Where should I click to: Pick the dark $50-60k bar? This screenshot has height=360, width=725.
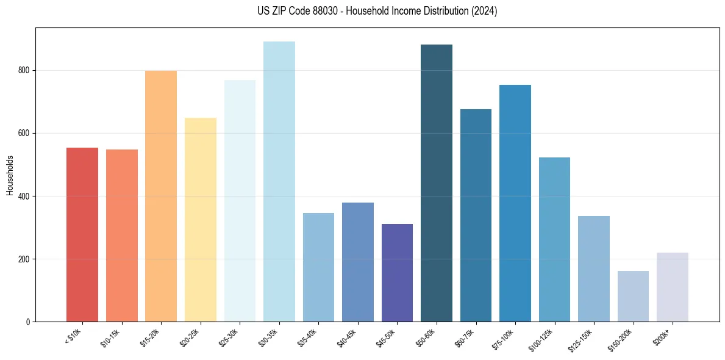[x=437, y=183]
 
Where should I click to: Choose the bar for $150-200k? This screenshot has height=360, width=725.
[x=633, y=297]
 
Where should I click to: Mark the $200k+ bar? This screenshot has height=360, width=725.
[x=673, y=287]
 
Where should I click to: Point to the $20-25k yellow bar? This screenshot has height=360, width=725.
[x=201, y=220]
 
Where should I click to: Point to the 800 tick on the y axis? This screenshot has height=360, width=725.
[x=24, y=70]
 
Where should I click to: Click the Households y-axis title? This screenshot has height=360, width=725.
[x=10, y=175]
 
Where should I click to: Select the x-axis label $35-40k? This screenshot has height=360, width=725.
[x=309, y=337]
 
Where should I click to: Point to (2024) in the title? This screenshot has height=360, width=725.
[x=484, y=11]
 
